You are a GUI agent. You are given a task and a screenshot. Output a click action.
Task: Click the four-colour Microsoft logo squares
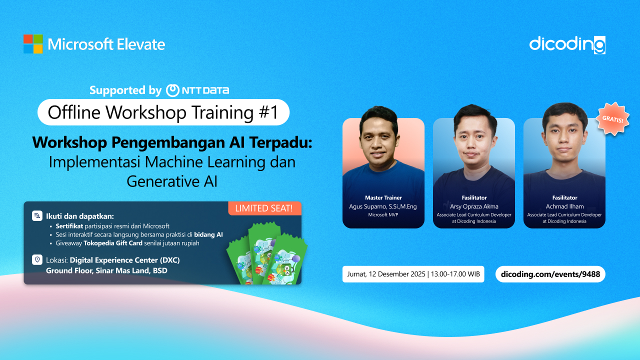click(x=33, y=44)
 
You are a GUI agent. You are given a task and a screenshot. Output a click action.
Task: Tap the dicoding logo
click(x=567, y=45)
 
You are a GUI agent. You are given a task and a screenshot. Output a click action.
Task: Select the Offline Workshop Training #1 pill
click(x=163, y=112)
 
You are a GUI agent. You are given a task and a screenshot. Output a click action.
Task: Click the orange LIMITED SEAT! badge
click(x=264, y=208)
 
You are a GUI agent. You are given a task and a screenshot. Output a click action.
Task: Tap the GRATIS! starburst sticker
click(x=612, y=118)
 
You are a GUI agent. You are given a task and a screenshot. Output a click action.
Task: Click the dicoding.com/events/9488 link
click(x=550, y=274)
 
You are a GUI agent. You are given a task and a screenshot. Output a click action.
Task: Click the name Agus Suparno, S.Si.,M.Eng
click(x=383, y=206)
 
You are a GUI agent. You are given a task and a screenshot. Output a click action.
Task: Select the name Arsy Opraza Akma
click(x=474, y=206)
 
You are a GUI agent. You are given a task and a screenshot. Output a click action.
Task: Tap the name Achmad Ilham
click(x=564, y=206)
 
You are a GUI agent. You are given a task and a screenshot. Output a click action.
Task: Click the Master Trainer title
click(x=383, y=197)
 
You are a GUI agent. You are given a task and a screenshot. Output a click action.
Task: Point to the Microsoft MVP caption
click(x=383, y=215)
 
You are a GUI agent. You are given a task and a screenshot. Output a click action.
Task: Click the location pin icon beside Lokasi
click(x=37, y=259)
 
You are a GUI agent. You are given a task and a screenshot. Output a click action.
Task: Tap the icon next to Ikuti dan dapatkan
click(x=37, y=215)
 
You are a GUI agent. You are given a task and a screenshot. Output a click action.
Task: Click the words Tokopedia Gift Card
click(x=113, y=243)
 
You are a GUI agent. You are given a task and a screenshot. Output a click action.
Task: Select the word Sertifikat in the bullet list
click(x=69, y=226)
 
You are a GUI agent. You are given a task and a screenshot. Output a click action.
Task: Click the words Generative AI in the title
click(x=172, y=181)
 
